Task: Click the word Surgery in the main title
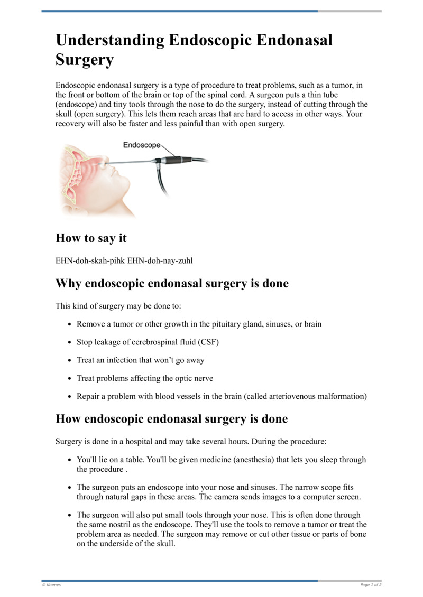(84, 60)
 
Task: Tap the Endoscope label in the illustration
(142, 145)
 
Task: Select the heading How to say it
(91, 238)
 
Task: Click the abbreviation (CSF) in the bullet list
(209, 342)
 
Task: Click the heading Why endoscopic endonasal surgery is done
(172, 283)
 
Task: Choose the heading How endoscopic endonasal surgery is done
(171, 419)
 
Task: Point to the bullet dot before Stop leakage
(70, 342)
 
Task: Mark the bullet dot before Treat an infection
(70, 360)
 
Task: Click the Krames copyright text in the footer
(51, 585)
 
